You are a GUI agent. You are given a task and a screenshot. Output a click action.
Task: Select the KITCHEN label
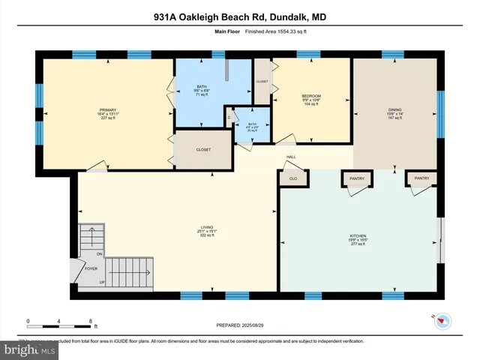tap(358, 235)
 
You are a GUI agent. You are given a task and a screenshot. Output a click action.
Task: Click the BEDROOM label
tap(311, 97)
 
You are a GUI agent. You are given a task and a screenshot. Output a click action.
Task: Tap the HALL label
tap(289, 157)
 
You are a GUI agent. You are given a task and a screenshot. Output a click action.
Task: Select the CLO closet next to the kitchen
tap(292, 178)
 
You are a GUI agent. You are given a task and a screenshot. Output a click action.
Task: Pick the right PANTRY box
tap(421, 178)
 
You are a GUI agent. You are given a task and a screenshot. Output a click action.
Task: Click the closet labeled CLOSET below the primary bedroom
tap(203, 149)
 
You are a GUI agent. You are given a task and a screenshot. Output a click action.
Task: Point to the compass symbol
tap(442, 322)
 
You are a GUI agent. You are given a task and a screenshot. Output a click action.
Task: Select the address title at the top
tap(239, 17)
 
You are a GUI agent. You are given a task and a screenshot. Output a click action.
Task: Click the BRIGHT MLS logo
tap(28, 350)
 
